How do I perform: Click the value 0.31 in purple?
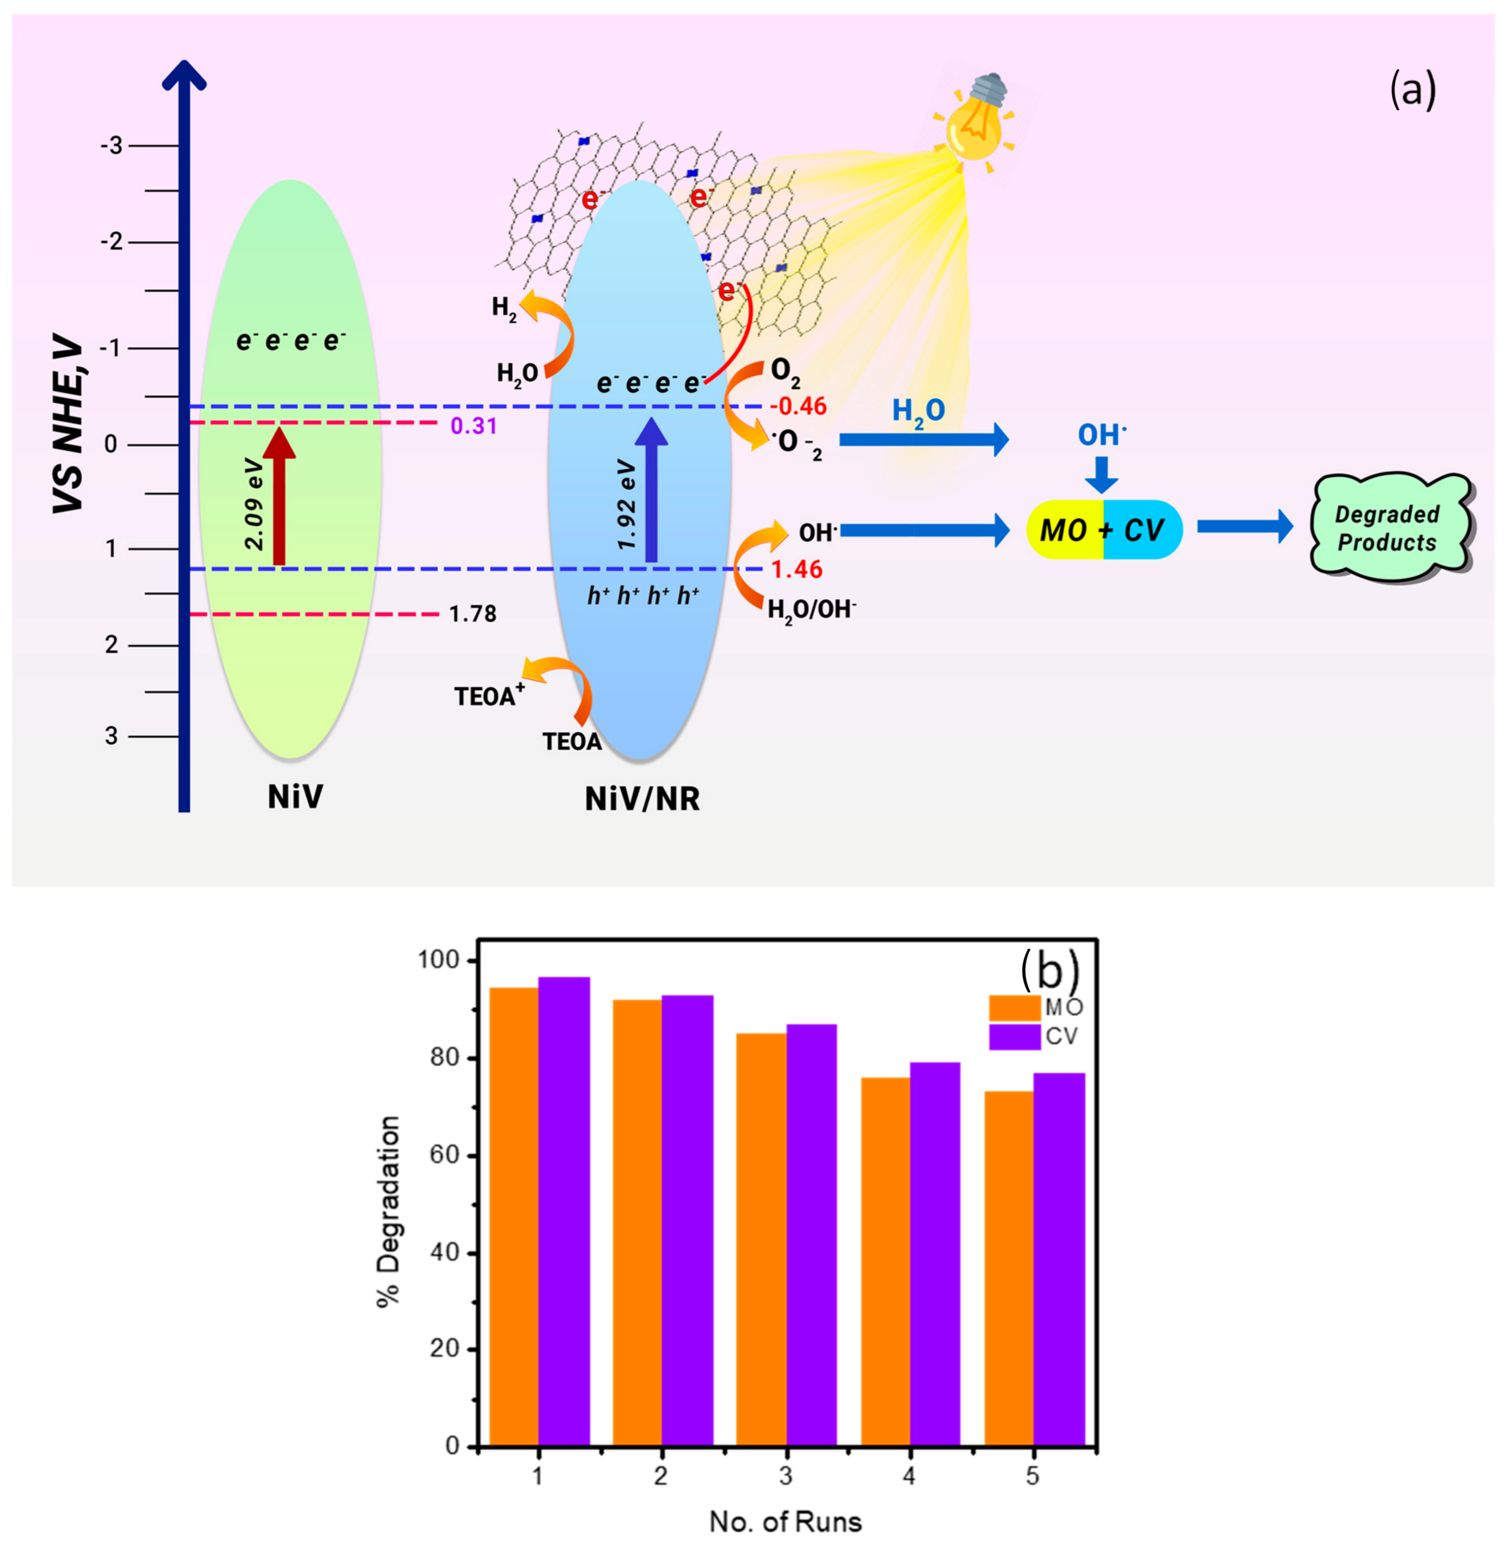point(474,426)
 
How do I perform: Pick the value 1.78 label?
point(473,614)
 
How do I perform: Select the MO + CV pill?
point(1103,530)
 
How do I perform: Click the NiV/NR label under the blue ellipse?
point(642,799)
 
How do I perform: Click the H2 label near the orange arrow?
point(504,308)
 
